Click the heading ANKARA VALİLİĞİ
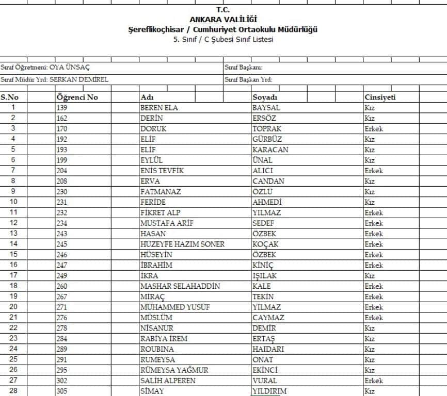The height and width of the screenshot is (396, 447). tap(223, 20)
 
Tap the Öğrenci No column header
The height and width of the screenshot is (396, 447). tap(77, 97)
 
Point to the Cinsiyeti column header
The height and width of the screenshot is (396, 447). tap(380, 97)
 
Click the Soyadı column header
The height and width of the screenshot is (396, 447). tap(265, 97)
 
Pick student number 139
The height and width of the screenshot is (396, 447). tap(62, 108)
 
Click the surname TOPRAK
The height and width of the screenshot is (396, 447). tap(267, 129)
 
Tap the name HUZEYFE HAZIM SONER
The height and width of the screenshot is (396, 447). tap(182, 244)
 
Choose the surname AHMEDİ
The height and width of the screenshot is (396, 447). tap(267, 202)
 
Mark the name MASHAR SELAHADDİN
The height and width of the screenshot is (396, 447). tap(180, 286)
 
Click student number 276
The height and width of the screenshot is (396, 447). tap(62, 318)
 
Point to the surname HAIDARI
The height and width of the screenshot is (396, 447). tap(268, 349)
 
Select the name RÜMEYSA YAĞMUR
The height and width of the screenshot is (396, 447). tap(174, 370)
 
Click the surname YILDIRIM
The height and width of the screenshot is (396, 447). tap(269, 391)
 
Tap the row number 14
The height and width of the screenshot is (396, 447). tap(13, 244)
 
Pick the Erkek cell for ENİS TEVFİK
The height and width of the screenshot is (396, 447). tap(374, 171)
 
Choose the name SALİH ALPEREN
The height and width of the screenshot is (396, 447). tap(168, 381)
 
